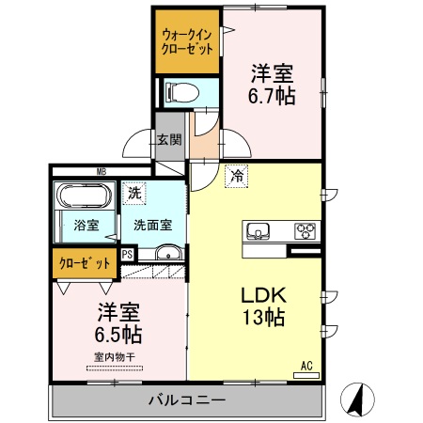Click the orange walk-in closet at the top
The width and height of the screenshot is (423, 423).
(187, 41)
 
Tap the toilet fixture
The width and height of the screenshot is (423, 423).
(180, 92)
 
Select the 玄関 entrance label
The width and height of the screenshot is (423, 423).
(170, 140)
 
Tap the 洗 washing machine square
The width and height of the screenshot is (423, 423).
(137, 192)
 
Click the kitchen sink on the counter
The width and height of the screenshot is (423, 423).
(258, 231)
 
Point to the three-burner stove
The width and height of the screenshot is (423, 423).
(305, 230)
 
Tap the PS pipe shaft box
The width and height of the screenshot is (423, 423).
(128, 253)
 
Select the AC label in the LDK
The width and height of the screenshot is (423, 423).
(306, 365)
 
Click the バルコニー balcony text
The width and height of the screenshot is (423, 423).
(186, 400)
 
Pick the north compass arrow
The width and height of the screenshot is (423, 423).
(357, 399)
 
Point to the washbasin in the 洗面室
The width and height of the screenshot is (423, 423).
(169, 252)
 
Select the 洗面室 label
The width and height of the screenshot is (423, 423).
(151, 226)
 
